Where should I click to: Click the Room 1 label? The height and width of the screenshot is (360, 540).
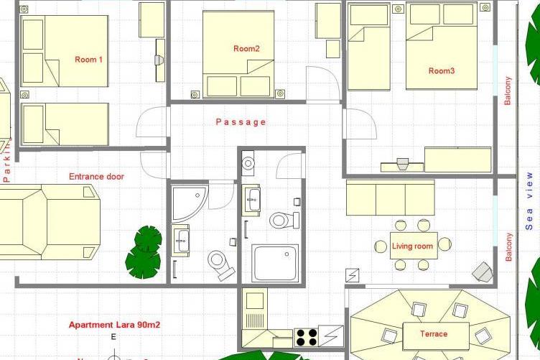click(89, 60)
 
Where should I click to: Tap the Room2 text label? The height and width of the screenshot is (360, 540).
click(246, 49)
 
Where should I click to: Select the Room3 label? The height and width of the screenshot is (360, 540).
click(442, 70)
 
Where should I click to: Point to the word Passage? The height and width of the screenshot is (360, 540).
click(241, 122)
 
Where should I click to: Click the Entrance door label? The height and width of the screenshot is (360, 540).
click(96, 176)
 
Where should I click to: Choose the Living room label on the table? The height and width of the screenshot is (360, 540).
click(413, 246)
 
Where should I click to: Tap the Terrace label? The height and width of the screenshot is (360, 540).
click(434, 333)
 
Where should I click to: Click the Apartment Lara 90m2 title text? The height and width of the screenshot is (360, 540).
click(114, 325)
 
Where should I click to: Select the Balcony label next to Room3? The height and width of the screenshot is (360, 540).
click(508, 91)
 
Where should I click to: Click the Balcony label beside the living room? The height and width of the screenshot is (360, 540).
click(509, 246)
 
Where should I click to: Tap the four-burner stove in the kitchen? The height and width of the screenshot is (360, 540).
click(305, 337)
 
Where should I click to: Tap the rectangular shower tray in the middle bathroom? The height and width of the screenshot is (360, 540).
click(275, 262)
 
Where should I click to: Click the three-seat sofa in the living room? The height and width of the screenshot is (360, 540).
click(390, 198)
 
